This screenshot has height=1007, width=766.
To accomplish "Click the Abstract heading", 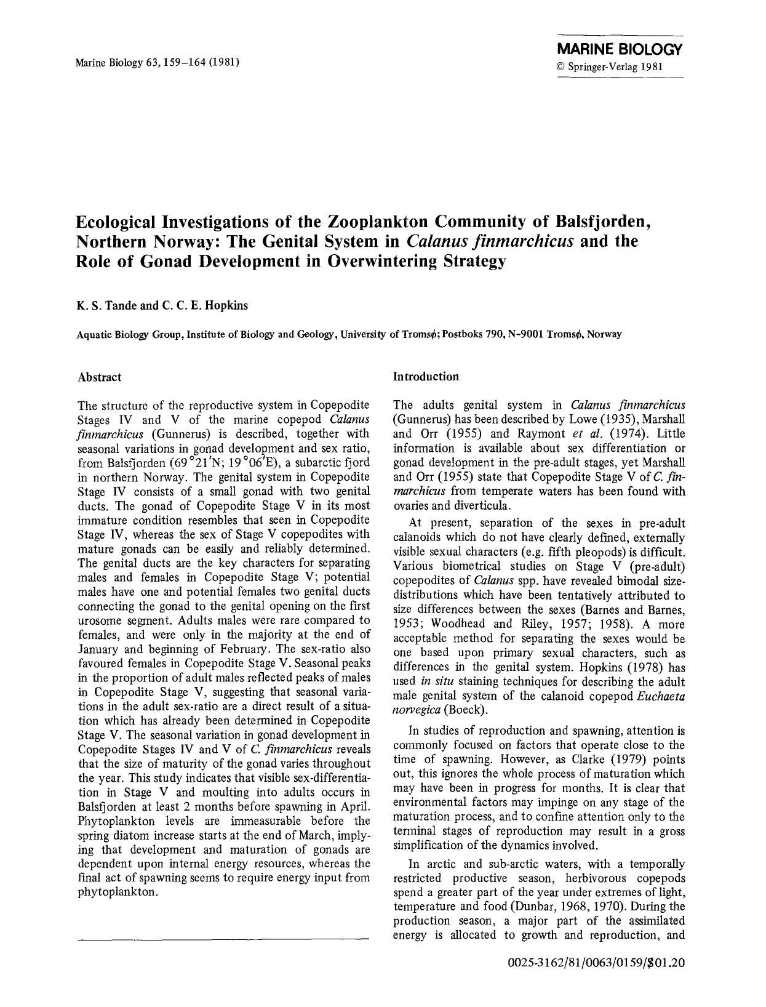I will [x=99, y=377].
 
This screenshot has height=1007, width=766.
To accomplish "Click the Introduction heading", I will [x=426, y=376].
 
